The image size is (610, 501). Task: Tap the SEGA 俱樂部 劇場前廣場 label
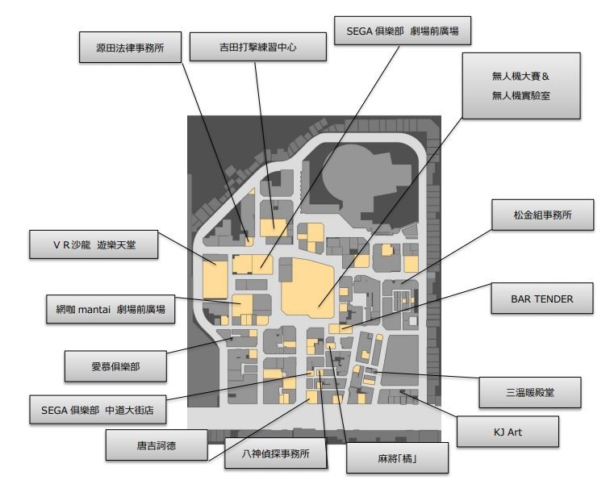pyautogui.click(x=402, y=33)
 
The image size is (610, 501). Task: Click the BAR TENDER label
pyautogui.click(x=542, y=299)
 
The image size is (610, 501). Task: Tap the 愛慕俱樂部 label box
pyautogui.click(x=115, y=366)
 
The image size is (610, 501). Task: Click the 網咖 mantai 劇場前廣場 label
pyautogui.click(x=111, y=310)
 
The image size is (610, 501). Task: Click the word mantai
pyautogui.click(x=99, y=310)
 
